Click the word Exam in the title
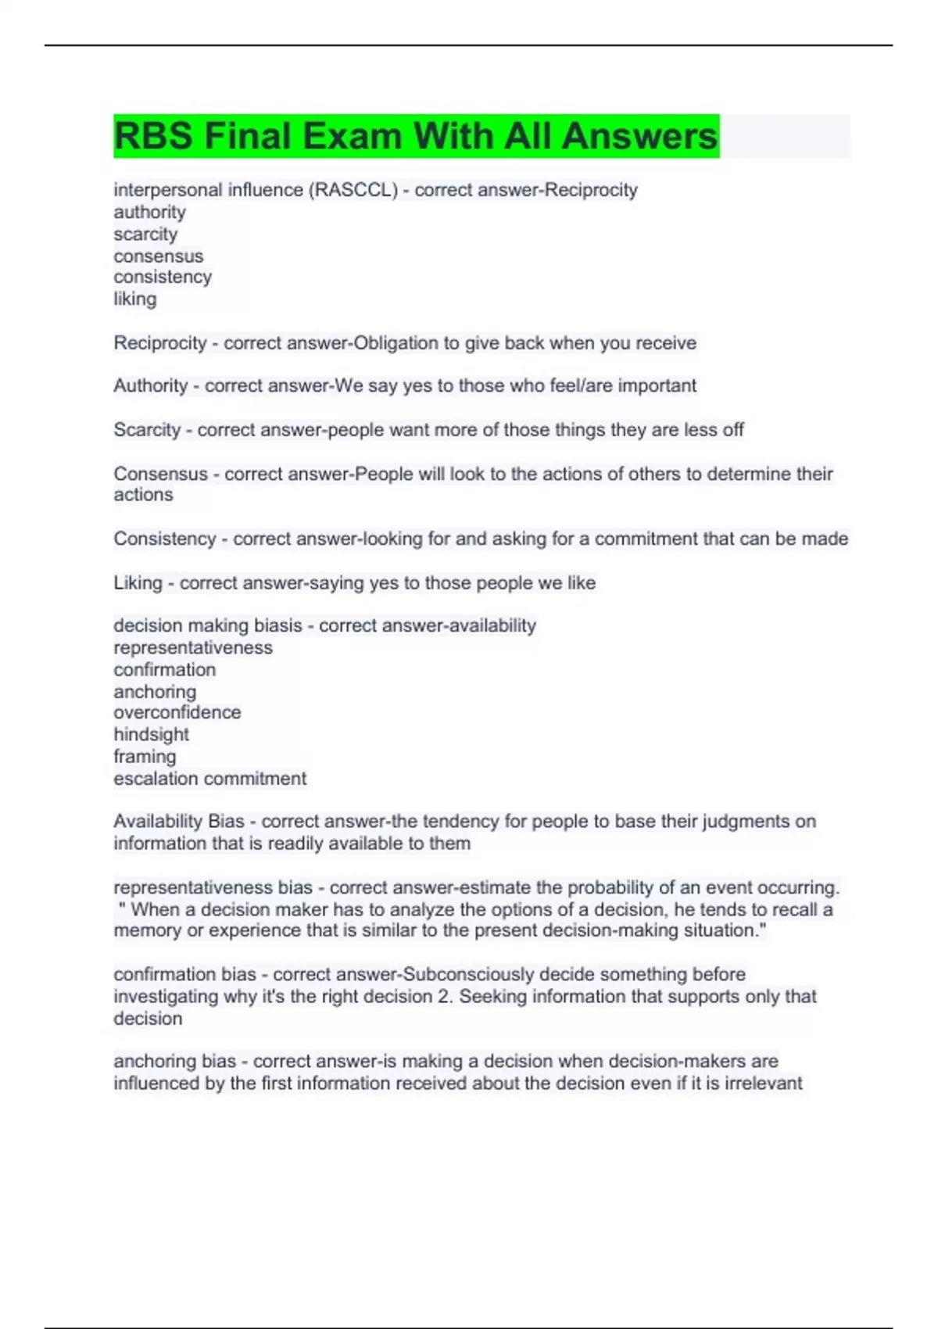[352, 136]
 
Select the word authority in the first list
[149, 212]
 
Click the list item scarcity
[145, 234]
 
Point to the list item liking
[134, 299]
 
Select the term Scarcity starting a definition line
[147, 430]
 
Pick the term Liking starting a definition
[138, 583]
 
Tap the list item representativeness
[193, 648]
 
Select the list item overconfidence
[177, 712]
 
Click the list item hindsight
[151, 735]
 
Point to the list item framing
[145, 757]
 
